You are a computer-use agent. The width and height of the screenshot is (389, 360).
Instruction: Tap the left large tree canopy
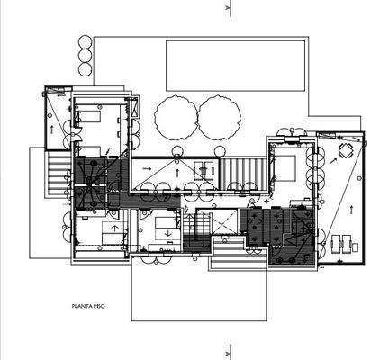point(175,117)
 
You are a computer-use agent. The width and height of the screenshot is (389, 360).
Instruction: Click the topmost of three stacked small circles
point(86,41)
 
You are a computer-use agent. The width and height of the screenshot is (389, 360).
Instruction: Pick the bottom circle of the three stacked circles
point(86,68)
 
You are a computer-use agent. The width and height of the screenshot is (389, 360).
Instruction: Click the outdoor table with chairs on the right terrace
point(346,150)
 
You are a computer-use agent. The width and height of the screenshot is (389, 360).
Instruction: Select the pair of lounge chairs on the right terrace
point(342,244)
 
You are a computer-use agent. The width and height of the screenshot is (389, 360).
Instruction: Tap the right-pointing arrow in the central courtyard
point(146,167)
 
